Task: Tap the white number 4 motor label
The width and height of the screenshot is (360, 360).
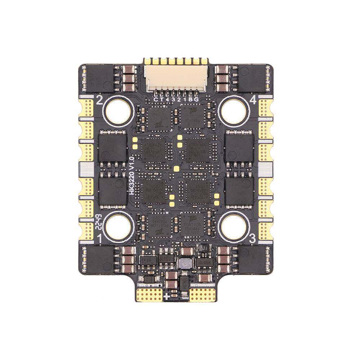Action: [x=253, y=101]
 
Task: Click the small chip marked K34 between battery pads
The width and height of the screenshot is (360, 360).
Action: [x=184, y=283]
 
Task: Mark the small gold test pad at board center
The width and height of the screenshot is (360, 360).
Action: [x=176, y=168]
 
